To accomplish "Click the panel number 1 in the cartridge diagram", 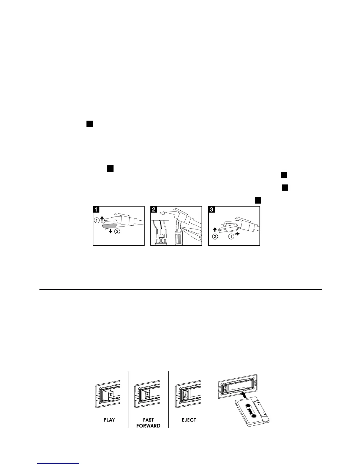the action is (x=96, y=210).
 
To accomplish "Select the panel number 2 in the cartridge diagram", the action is (x=154, y=210).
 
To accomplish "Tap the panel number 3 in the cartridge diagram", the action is (x=211, y=210).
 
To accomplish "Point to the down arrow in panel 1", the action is (x=110, y=231).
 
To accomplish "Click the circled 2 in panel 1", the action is (x=117, y=232).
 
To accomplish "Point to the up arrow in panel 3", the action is (x=215, y=229).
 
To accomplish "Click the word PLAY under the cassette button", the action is (x=109, y=420).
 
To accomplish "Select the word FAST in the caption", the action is (x=148, y=420).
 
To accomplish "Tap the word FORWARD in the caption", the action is (x=148, y=426).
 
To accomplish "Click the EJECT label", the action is (x=189, y=420).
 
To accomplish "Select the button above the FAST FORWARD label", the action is (x=147, y=395).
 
